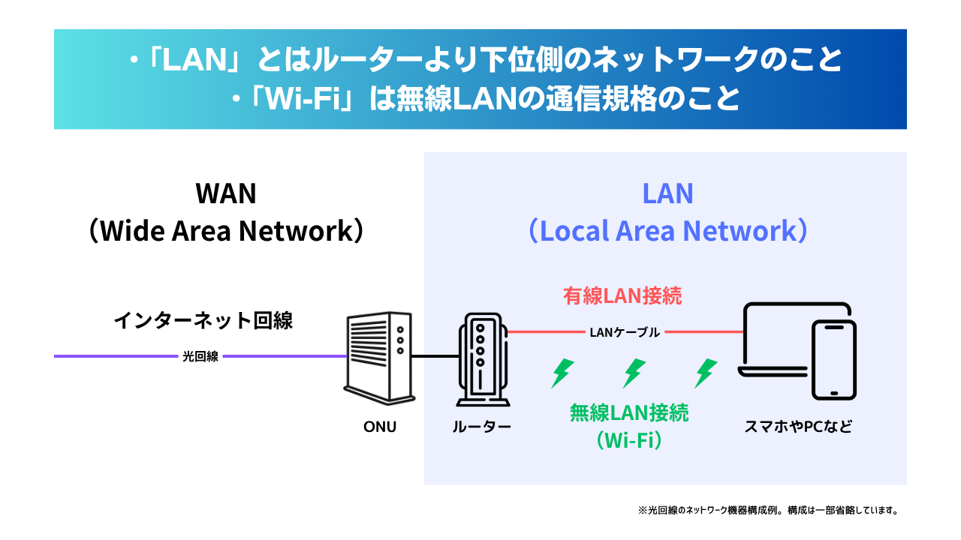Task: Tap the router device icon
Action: click(x=480, y=358)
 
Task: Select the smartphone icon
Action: click(x=834, y=359)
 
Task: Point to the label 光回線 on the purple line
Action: click(x=200, y=357)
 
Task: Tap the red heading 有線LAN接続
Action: click(x=622, y=295)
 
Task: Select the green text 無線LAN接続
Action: click(x=629, y=412)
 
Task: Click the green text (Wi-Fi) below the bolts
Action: click(x=629, y=439)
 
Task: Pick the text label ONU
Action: click(x=379, y=427)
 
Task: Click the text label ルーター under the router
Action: click(x=481, y=427)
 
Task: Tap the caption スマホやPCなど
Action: click(x=798, y=427)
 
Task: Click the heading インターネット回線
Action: click(x=203, y=321)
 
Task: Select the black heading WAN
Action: click(x=225, y=193)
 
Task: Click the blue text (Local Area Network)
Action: click(x=667, y=231)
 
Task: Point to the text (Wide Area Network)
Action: click(x=225, y=231)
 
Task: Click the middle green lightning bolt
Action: click(x=634, y=372)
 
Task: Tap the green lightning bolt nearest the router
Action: click(x=562, y=372)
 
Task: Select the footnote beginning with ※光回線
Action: click(x=768, y=510)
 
